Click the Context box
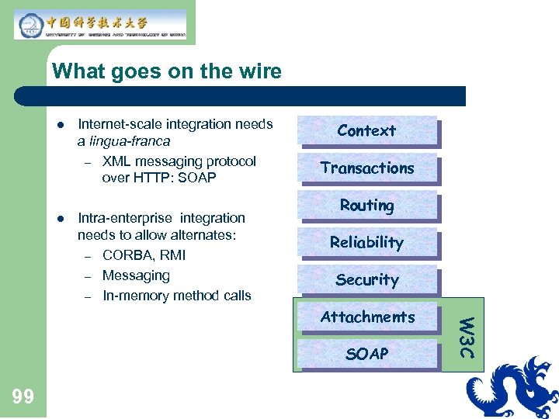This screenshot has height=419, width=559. [x=366, y=131]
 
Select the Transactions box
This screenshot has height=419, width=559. [x=366, y=168]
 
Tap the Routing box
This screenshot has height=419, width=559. [x=366, y=206]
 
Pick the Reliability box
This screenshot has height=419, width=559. [x=366, y=243]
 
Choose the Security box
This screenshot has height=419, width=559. [x=366, y=280]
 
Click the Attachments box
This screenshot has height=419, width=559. [x=366, y=317]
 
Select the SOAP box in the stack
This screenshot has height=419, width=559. [x=366, y=355]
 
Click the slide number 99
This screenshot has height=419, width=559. [x=23, y=396]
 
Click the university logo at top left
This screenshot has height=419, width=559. [x=100, y=24]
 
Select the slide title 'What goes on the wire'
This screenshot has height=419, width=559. [x=166, y=72]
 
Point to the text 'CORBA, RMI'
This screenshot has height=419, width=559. [x=144, y=255]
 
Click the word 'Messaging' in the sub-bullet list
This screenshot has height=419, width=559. [x=136, y=275]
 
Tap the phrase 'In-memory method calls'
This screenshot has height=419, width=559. [x=176, y=296]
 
